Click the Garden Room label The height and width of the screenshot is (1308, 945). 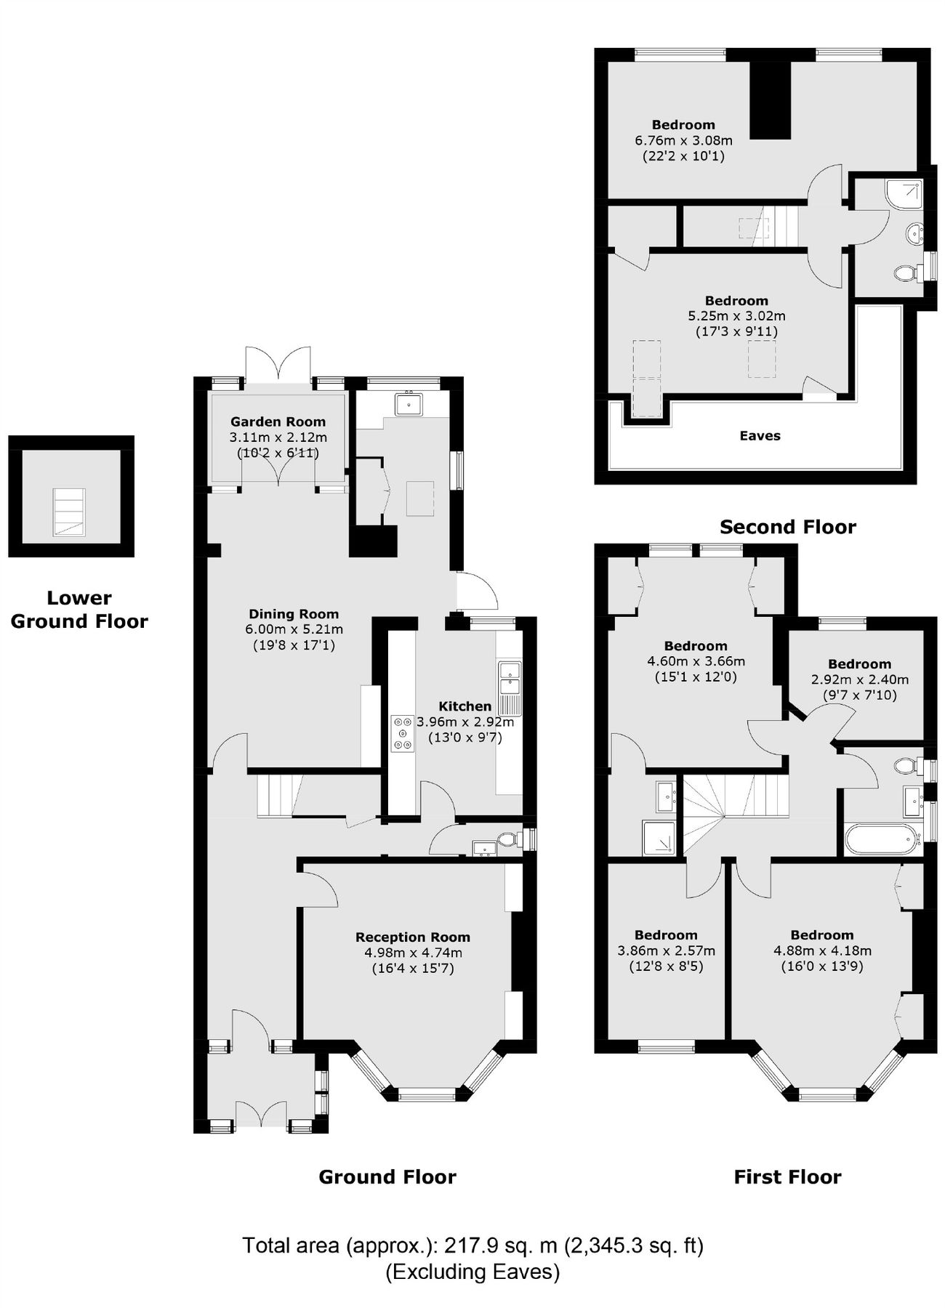coord(278,421)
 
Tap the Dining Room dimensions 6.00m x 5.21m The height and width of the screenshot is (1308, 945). coord(294,629)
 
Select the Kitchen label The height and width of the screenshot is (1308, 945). coord(465,706)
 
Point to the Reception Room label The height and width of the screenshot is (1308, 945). coord(412,937)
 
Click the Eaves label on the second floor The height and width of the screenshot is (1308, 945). coord(760,436)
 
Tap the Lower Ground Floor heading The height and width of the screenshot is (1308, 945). coord(79,610)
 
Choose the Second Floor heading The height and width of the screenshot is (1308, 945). coord(787,527)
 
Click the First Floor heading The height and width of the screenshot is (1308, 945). coord(787,1177)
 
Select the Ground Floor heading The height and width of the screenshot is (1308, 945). coord(387,1177)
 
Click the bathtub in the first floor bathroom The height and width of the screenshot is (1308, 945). coord(880,840)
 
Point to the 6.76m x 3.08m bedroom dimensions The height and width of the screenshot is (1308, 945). coord(683,140)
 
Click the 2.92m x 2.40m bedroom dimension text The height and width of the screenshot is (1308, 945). coord(859,680)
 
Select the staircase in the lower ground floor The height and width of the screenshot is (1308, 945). coord(69,512)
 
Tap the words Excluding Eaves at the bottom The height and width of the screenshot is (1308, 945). coord(472,1272)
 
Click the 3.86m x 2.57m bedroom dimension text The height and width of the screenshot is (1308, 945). coord(666,950)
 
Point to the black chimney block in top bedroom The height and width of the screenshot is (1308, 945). coord(770,100)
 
